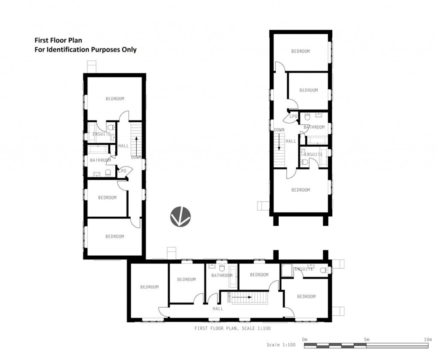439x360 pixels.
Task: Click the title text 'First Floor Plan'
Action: [x=58, y=40]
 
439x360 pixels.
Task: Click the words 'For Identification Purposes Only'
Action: [x=85, y=49]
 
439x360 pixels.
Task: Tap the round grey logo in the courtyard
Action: [x=180, y=216]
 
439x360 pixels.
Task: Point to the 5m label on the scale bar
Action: [x=366, y=339]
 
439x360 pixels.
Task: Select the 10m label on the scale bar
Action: [x=427, y=339]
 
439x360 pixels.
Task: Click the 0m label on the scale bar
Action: [x=305, y=339]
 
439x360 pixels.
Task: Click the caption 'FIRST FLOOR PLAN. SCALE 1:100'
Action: [x=232, y=328]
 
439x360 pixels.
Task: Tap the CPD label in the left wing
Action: [x=123, y=171]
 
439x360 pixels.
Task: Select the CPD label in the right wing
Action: [x=293, y=116]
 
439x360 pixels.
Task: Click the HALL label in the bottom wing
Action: [x=218, y=308]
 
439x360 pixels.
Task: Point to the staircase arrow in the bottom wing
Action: [x=243, y=296]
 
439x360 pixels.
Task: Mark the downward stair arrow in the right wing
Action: [x=279, y=141]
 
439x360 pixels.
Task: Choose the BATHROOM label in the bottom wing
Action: [x=222, y=275]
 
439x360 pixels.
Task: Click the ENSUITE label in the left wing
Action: [x=102, y=134]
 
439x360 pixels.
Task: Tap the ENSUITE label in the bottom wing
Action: [x=304, y=269]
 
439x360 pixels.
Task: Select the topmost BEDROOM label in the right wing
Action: [x=301, y=51]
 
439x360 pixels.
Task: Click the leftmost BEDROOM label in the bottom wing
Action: [x=149, y=287]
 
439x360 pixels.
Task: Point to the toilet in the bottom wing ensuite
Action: [x=324, y=269]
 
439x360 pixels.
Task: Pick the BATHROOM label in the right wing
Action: [x=314, y=127]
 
